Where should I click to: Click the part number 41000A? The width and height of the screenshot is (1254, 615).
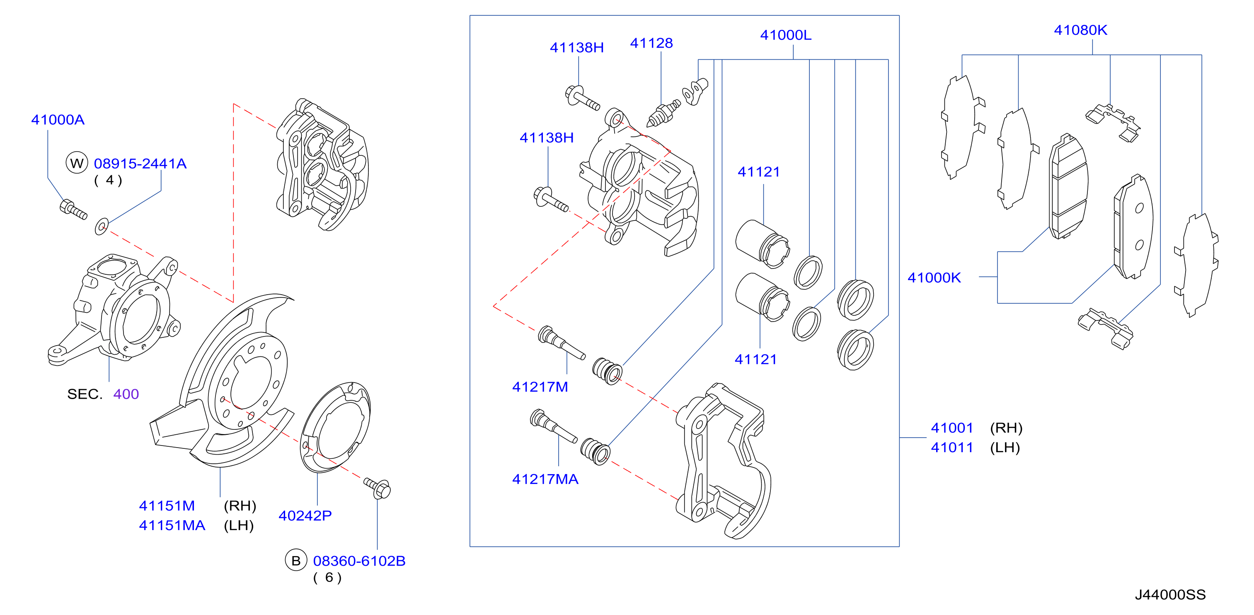coord(58,120)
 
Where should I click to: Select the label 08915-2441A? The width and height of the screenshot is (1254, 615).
coord(140,164)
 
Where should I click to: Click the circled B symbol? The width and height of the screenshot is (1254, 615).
coord(296,560)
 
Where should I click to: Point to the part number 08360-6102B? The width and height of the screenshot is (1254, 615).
coord(359,561)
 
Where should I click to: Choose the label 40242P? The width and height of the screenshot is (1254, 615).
coord(305,516)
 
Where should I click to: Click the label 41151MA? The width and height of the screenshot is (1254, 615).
coord(172,525)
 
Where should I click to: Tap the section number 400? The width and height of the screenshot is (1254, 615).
coord(126,394)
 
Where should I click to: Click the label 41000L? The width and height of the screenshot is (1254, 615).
coord(786,35)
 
